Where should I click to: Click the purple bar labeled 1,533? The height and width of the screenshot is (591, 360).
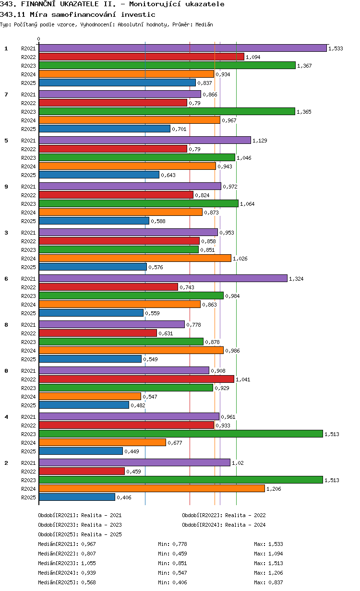pos(182,48)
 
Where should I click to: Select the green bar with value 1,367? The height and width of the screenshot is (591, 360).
pos(167,65)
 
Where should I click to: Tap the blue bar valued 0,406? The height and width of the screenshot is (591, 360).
pos(77,497)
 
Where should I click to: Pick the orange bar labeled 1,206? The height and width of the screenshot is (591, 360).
pos(152,488)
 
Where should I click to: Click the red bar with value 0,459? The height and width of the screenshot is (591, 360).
pos(82,471)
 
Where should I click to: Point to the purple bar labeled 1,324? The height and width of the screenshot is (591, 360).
pos(163,278)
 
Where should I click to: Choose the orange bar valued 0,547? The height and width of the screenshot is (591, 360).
pos(90,396)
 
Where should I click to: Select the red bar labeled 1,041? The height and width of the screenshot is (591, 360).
pos(136,379)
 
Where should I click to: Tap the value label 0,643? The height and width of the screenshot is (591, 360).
pos(168,175)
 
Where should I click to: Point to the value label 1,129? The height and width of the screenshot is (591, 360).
pos(260,141)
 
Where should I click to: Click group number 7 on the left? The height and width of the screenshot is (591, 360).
pos(6,95)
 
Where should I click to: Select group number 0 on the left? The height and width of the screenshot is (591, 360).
pos(6,371)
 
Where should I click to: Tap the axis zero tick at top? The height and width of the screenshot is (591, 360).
pos(39,39)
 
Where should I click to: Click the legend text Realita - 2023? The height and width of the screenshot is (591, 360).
pos(101,525)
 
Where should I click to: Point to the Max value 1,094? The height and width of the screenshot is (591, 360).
pos(276,554)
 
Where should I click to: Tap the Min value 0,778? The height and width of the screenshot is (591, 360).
pos(180,544)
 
